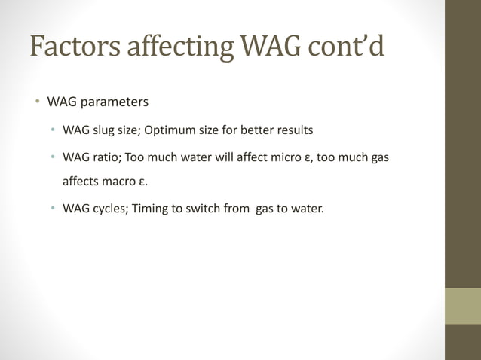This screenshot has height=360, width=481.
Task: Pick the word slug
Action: coord(106,130)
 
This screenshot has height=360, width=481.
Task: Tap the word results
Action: coord(290,130)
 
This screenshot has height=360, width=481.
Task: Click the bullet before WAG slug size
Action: coord(53,130)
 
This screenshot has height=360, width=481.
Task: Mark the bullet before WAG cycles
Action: coord(53,209)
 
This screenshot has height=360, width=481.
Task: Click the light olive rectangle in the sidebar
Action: coord(462,306)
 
